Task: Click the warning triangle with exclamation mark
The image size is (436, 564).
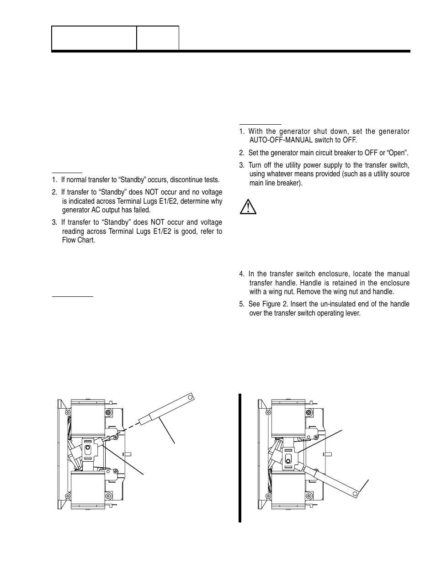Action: click(248, 207)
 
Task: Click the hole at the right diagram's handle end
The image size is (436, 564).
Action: click(356, 493)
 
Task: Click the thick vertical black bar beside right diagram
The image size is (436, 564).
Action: click(239, 457)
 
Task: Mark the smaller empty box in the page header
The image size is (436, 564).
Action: click(158, 38)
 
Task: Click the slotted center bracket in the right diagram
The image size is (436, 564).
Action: click(288, 457)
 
